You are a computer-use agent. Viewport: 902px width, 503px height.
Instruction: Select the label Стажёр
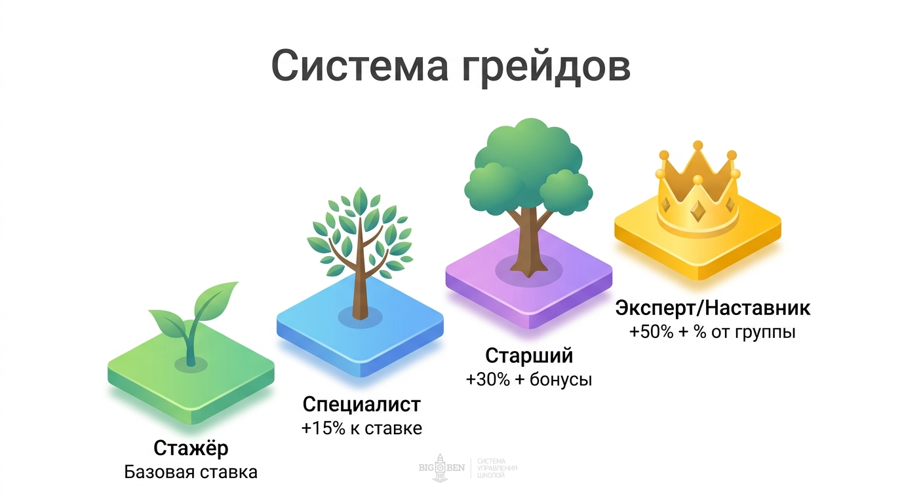(x=191, y=449)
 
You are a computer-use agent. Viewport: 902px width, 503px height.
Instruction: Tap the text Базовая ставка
(x=191, y=472)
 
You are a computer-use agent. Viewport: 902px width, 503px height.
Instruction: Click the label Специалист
(x=361, y=405)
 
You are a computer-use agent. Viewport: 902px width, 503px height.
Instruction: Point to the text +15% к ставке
(x=361, y=428)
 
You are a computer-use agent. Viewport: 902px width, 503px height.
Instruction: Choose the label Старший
(x=529, y=356)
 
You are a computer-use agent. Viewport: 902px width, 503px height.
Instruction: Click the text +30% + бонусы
(x=529, y=379)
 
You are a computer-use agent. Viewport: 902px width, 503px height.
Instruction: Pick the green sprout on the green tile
(x=192, y=321)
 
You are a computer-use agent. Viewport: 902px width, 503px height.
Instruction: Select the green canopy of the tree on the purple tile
(x=528, y=164)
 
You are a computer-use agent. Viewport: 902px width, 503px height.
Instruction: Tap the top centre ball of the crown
(x=697, y=145)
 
